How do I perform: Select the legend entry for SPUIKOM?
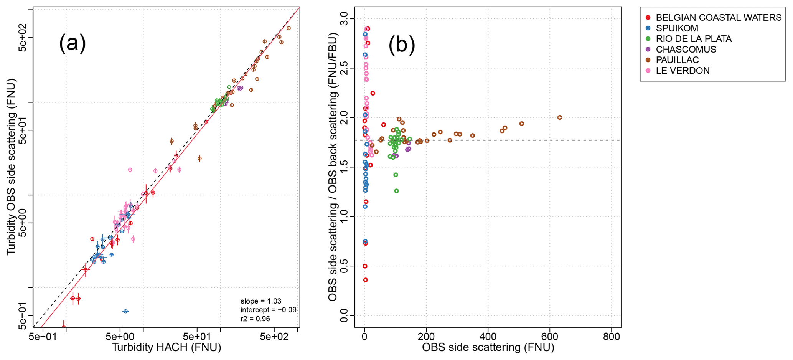click(677, 28)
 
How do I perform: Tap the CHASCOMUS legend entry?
click(686, 50)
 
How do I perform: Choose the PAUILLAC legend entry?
click(677, 60)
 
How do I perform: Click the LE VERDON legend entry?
click(683, 71)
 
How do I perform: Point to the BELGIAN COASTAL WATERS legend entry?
click(718, 18)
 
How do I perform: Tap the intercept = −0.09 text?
click(268, 310)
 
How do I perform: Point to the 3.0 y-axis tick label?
click(344, 18)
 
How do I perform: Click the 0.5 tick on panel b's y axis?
click(344, 266)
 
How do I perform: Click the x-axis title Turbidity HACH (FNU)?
click(167, 348)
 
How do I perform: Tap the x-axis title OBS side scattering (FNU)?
click(488, 348)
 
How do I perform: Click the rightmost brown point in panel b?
click(559, 117)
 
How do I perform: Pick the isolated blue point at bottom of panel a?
click(125, 311)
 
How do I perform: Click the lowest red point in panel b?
click(365, 280)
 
